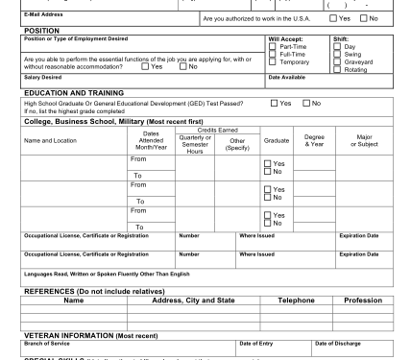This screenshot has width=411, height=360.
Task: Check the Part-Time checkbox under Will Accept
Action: [273, 45]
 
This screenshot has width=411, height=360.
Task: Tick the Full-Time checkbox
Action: [273, 53]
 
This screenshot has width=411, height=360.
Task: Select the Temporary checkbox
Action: [273, 60]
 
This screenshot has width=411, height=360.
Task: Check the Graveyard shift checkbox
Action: [335, 60]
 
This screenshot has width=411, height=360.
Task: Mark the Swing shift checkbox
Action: [335, 53]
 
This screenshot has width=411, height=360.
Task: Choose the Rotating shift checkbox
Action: [335, 68]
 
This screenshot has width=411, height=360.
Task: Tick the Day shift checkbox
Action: [335, 45]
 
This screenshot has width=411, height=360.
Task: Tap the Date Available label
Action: [287, 77]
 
